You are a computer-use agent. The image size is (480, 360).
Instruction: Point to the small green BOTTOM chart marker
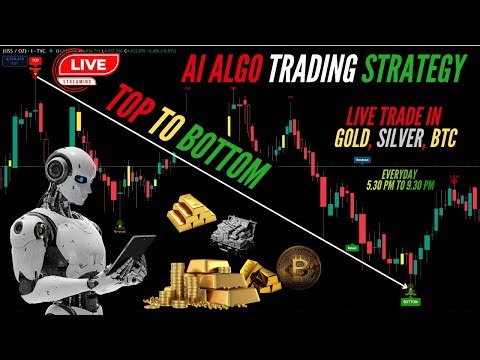(x=410, y=297)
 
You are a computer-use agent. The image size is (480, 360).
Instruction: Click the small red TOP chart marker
(x=36, y=61)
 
